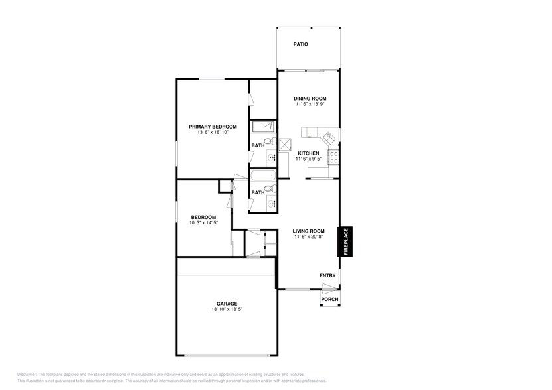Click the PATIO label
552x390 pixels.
pos(301,44)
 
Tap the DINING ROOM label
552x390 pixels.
pos(311,99)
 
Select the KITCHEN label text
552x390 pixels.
pos(308,153)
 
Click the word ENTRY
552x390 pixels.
pos(327,275)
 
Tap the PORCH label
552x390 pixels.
pos(329,299)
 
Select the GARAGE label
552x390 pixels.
pos(227,303)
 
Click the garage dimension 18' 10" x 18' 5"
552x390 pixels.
pos(227,309)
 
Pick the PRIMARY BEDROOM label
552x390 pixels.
pos(213,127)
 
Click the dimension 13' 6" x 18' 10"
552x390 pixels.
pos(213,133)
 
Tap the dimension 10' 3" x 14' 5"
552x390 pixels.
pos(203,223)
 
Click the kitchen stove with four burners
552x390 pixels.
pos(334,158)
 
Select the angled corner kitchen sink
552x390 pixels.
pos(330,137)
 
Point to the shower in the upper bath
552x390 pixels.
pos(263,127)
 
